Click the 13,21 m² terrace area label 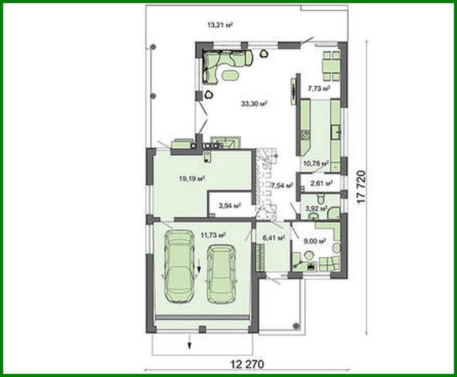tap(220, 25)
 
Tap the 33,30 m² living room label tap(254, 103)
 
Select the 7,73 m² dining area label tap(319, 89)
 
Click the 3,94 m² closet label tap(229, 206)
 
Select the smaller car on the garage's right tap(221, 274)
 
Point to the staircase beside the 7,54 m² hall tap(266, 184)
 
